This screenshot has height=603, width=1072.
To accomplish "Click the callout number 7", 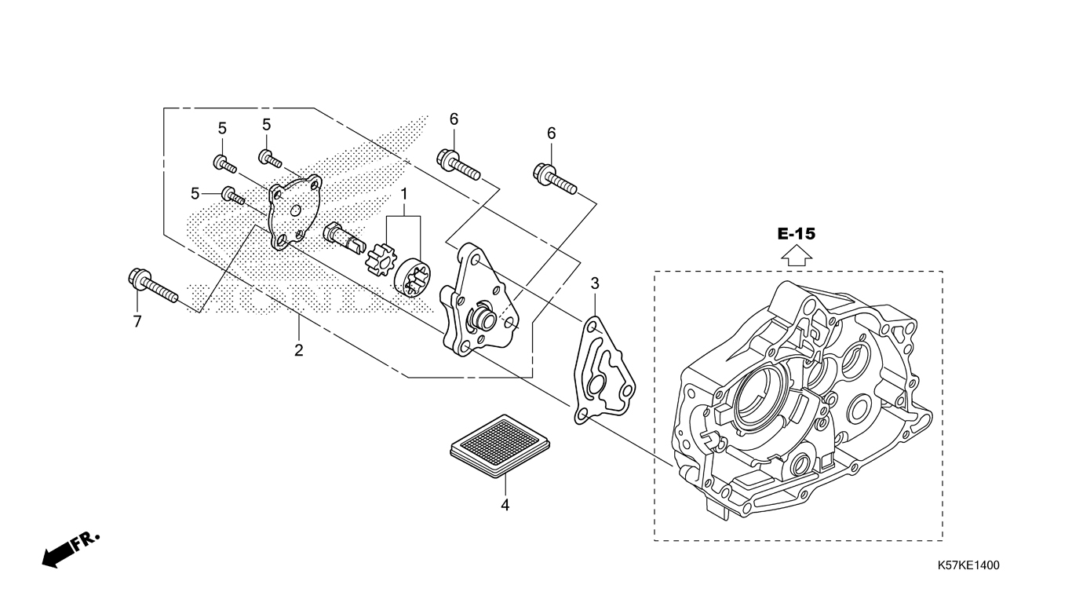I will coord(137,322).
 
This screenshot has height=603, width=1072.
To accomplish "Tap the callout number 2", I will coord(298,350).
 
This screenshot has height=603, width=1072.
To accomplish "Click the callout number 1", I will coord(404,193).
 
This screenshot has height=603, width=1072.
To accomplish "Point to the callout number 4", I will coord(505,506).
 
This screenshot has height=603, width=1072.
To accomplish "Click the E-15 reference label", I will coord(797,233).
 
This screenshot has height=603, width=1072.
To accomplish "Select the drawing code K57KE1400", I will coord(968,565).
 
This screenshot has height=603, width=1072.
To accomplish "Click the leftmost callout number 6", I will coord(454,119).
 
